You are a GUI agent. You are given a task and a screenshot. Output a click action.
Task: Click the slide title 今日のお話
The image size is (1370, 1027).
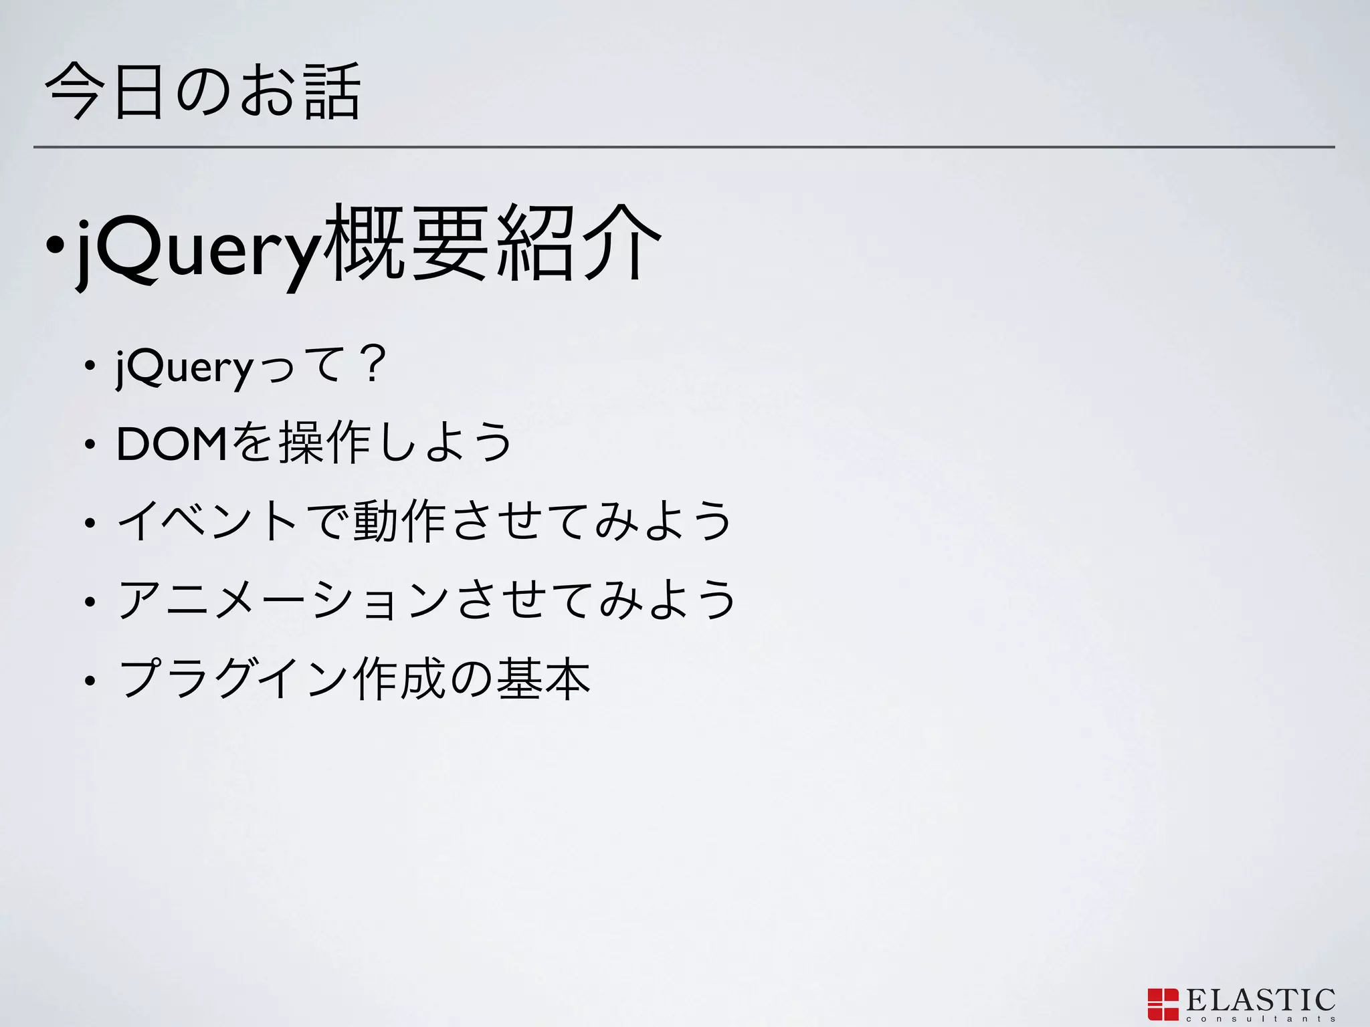pyautogui.click(x=203, y=91)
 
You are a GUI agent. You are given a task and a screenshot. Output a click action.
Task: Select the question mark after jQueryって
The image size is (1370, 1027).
pyautogui.click(x=372, y=366)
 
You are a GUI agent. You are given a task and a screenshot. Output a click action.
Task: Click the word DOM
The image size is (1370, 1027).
pyautogui.click(x=173, y=444)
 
